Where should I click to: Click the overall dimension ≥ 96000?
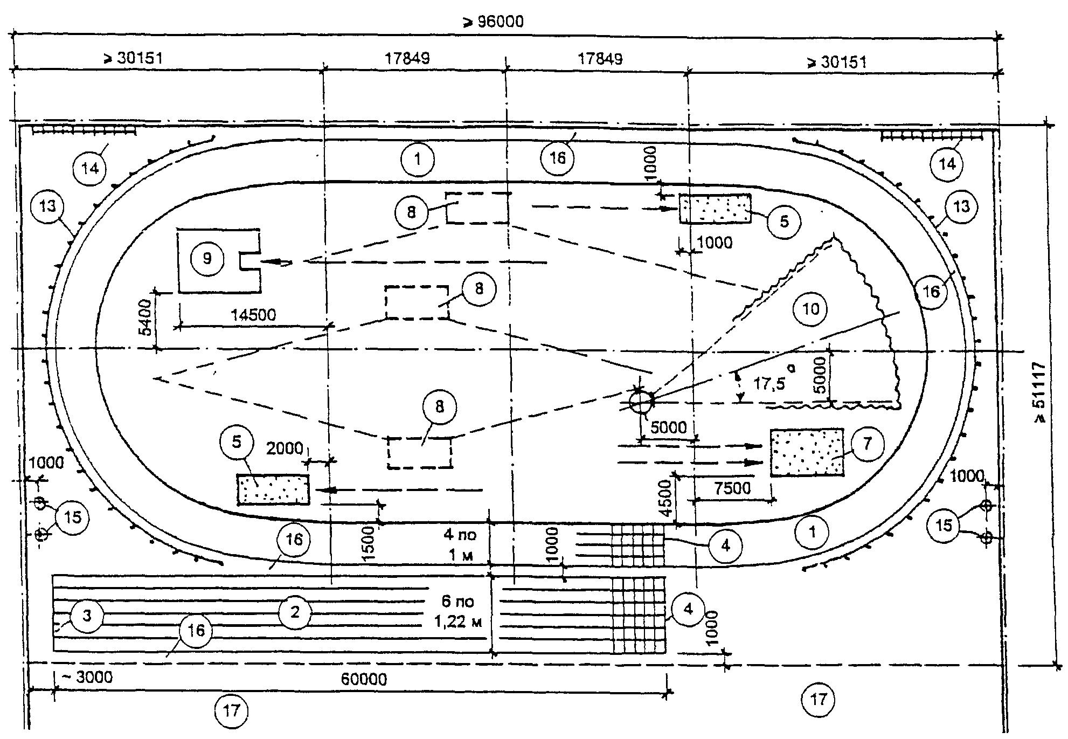[493, 22]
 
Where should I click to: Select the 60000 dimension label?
[364, 679]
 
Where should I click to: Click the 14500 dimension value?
[253, 315]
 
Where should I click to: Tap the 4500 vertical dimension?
[667, 499]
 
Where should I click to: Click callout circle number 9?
[207, 259]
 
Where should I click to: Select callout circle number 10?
[810, 309]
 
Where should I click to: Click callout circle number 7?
[867, 444]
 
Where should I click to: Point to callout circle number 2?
[294, 612]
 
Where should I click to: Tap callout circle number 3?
[87, 615]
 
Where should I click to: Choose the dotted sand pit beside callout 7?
[807, 452]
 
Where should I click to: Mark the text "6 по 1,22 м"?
[457, 611]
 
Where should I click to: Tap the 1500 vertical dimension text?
[368, 543]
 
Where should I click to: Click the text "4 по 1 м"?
[460, 544]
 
